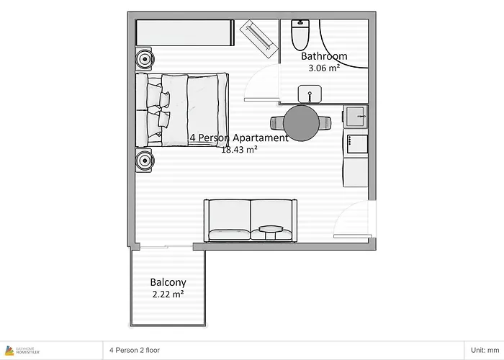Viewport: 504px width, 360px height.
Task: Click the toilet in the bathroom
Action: coord(300,35)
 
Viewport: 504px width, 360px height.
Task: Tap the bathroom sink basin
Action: coord(310,94)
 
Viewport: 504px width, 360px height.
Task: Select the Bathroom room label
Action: coord(324,56)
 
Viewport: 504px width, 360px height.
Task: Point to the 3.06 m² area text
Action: coord(324,68)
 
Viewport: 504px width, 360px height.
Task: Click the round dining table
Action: coord(301,123)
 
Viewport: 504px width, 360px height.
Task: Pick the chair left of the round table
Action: coord(277,123)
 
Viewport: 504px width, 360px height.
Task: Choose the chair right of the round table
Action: coord(325,123)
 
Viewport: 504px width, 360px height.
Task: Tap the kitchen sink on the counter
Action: coord(356,116)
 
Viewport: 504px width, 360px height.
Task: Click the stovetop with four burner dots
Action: coord(357,144)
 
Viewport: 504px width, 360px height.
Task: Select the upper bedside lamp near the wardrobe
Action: coord(145,59)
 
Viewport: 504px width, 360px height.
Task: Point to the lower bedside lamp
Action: coord(145,160)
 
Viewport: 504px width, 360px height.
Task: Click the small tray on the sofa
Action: coord(271,229)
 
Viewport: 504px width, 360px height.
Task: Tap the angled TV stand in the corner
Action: coord(258,39)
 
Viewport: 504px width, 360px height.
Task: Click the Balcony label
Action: coord(168,282)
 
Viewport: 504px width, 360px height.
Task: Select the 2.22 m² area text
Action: coord(168,294)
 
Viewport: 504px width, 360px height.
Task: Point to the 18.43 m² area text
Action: coord(239,150)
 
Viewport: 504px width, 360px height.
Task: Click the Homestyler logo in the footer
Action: coord(22,351)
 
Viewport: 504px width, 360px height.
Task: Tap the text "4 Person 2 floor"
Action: coord(135,350)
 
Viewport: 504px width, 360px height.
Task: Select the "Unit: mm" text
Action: coord(485,350)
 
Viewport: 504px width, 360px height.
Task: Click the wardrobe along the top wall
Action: coord(185,33)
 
